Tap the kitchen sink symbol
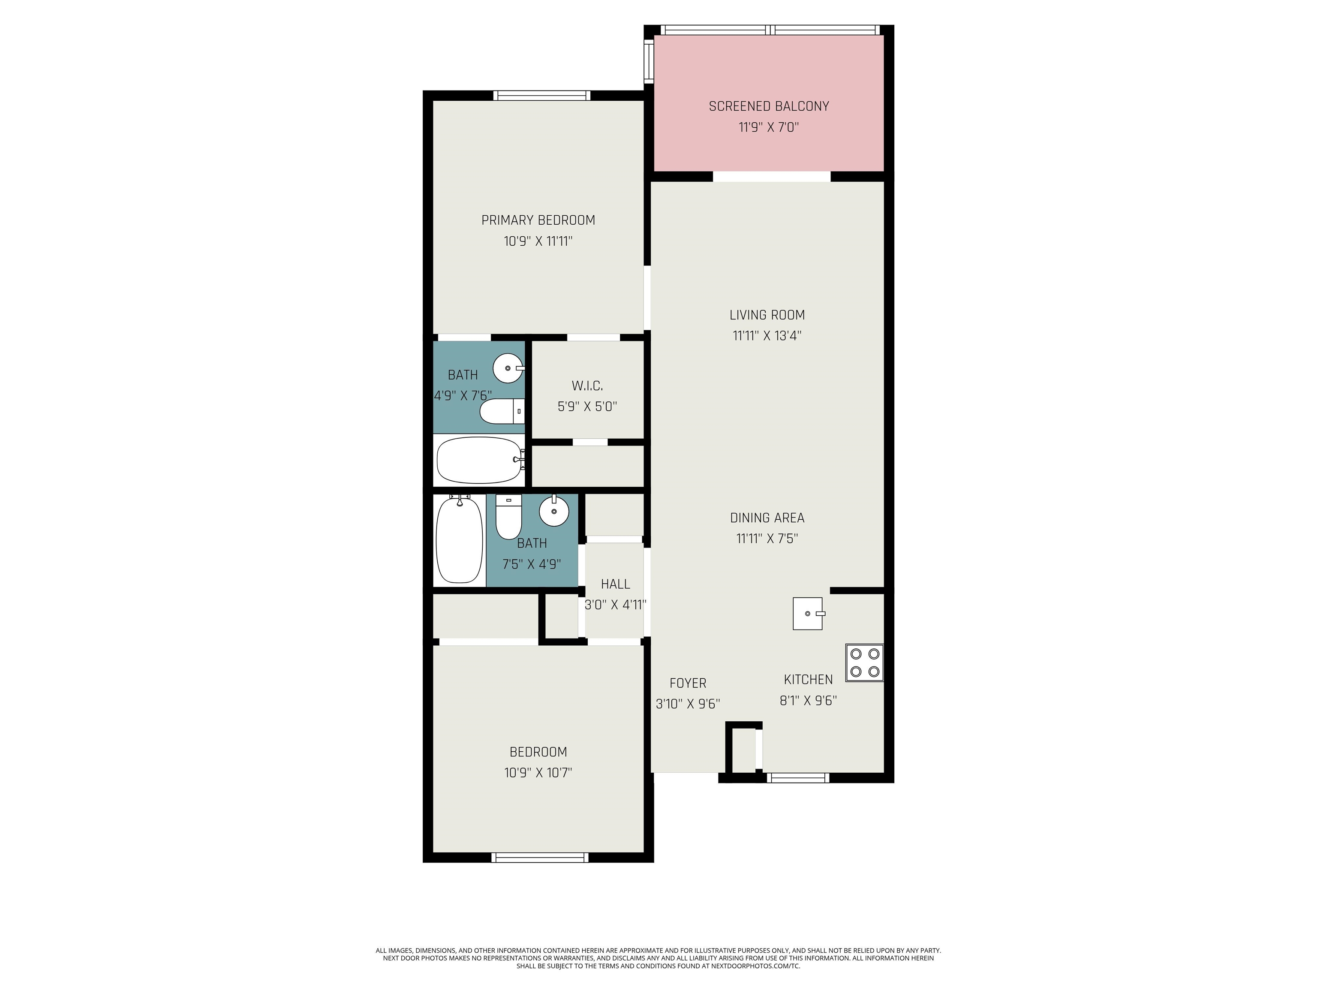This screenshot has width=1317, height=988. tap(808, 613)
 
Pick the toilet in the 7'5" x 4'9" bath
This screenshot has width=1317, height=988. tap(508, 517)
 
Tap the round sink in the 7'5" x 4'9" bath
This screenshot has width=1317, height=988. tap(554, 510)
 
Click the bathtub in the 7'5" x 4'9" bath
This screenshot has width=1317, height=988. tap(459, 539)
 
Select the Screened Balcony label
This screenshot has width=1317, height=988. tap(769, 106)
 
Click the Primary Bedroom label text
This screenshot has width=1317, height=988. tap(538, 220)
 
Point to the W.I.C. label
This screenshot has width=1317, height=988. tap(587, 386)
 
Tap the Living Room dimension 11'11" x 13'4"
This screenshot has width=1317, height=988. tap(767, 336)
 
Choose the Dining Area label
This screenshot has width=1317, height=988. tap(767, 518)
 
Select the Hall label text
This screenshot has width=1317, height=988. tap(615, 584)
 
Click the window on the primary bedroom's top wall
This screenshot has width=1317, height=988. tap(542, 95)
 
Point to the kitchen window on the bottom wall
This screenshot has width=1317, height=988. tap(798, 778)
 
